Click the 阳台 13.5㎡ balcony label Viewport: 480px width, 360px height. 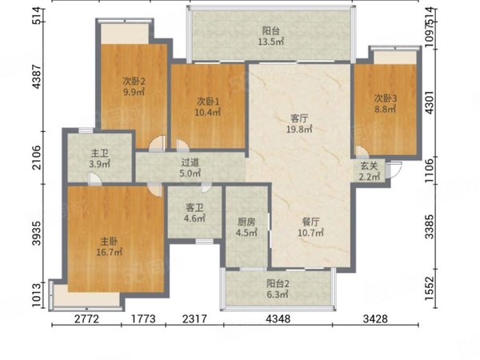[271, 36]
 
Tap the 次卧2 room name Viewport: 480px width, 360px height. [134, 81]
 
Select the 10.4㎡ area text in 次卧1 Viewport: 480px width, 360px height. [208, 112]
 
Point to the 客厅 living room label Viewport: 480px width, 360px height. [299, 118]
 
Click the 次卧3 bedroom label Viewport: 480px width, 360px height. [386, 98]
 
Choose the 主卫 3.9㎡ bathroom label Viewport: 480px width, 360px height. [100, 158]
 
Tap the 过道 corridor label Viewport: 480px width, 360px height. [190, 162]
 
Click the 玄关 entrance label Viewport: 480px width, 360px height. [369, 166]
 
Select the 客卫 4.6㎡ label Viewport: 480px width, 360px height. [194, 213]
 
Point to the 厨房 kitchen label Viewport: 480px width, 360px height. [246, 222]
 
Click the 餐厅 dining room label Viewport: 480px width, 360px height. [310, 222]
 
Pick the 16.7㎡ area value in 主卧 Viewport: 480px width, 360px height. [110, 253]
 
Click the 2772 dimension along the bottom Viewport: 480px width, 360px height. [87, 319]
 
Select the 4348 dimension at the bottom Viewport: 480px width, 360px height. [278, 319]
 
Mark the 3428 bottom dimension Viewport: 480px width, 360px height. [375, 319]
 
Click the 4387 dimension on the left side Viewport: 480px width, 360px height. [37, 77]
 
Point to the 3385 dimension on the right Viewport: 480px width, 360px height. [430, 226]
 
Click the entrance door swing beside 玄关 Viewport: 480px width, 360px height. [394, 170]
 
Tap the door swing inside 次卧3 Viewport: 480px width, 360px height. [362, 151]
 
